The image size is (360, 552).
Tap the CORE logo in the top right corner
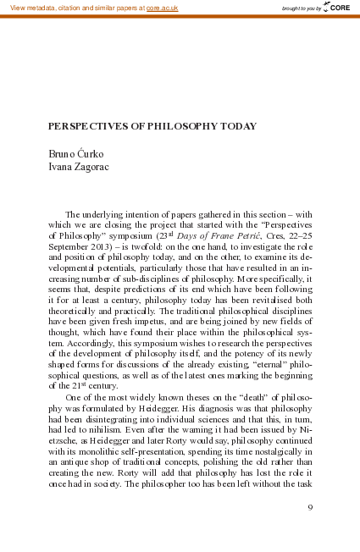point(336,8)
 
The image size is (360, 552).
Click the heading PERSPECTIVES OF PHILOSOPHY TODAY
point(152,125)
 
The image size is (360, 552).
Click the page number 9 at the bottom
point(311,507)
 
